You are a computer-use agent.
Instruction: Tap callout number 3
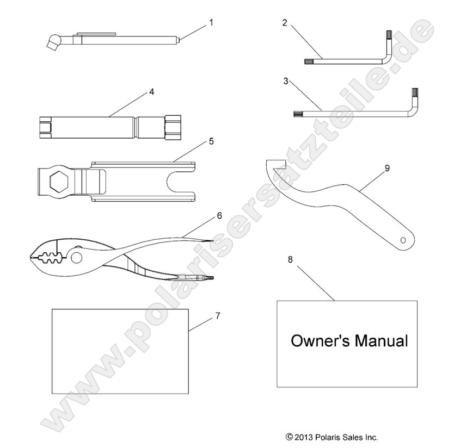coord(285,81)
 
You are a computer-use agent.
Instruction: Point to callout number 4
coord(151,92)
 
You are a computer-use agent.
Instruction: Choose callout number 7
coord(218,315)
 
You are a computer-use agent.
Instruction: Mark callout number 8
coord(290,259)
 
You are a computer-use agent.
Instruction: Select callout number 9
coord(387,168)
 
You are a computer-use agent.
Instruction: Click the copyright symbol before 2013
coord(290,437)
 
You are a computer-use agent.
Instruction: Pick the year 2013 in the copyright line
coord(305,437)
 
